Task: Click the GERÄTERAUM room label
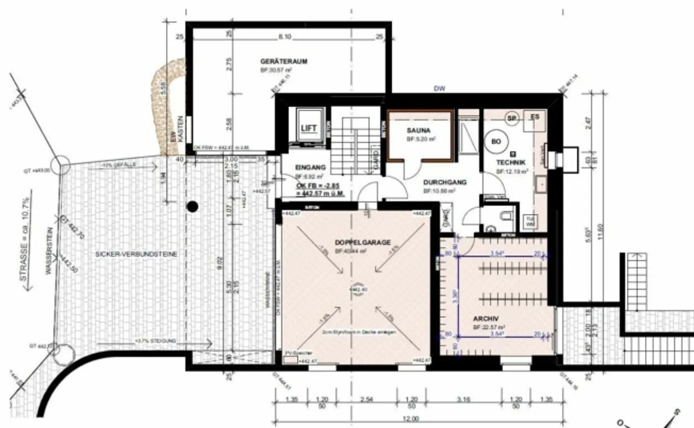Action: (x=283, y=62)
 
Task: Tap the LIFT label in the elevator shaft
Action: (x=308, y=128)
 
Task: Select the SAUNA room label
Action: (x=418, y=131)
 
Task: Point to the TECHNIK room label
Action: (x=511, y=163)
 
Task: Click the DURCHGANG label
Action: (x=444, y=183)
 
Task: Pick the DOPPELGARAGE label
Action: (x=362, y=242)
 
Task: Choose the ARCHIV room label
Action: (x=485, y=319)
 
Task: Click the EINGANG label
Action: (x=310, y=168)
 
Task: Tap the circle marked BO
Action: (x=496, y=141)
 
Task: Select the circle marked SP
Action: (x=512, y=118)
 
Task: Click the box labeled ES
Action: (x=535, y=117)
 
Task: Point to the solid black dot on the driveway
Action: (x=192, y=207)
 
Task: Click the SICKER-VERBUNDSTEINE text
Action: (x=136, y=254)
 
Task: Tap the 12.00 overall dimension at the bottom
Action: (x=411, y=418)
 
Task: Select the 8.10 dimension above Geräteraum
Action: (x=285, y=37)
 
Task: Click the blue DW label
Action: (x=440, y=89)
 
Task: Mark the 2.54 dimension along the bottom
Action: (x=366, y=399)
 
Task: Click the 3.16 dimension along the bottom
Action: (x=463, y=399)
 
